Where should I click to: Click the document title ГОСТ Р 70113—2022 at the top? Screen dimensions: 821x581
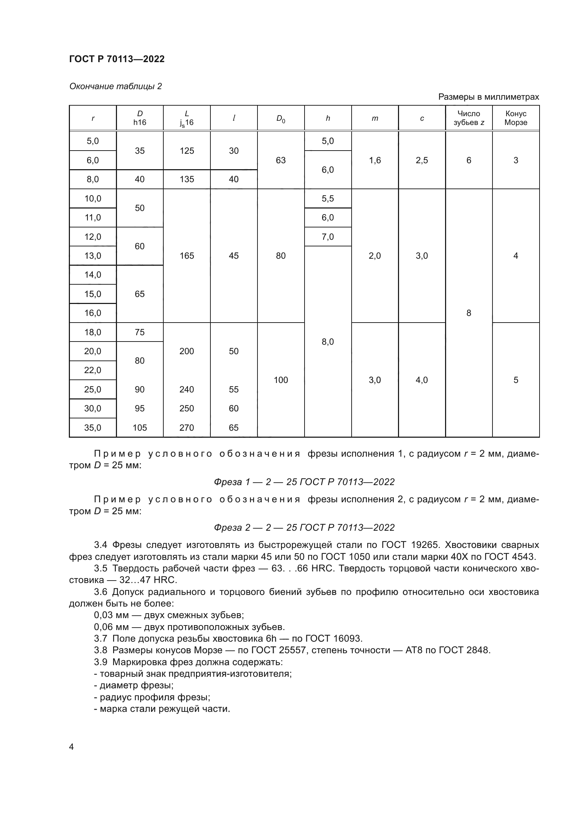point(117,59)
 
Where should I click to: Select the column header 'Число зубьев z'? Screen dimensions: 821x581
point(469,118)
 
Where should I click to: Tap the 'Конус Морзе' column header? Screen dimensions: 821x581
point(516,118)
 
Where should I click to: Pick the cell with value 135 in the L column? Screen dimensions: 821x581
point(187,179)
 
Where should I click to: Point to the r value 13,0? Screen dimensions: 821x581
point(93,256)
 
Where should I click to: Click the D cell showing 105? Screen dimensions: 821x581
point(139,428)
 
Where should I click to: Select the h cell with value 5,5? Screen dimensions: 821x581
point(327,198)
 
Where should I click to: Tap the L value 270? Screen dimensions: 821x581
point(187,428)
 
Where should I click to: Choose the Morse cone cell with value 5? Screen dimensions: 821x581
point(516,380)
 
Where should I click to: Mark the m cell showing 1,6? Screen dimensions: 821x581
point(374,160)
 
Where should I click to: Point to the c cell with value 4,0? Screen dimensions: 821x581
point(422,380)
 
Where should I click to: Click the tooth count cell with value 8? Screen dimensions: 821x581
point(469,313)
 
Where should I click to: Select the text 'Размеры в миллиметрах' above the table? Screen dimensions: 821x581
point(488,97)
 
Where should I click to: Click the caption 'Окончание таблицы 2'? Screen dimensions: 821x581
point(115,86)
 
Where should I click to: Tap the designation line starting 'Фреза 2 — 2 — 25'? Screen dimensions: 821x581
point(304,528)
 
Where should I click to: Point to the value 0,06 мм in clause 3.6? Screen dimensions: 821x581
point(106,627)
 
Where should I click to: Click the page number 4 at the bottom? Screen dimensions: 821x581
point(72,747)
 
